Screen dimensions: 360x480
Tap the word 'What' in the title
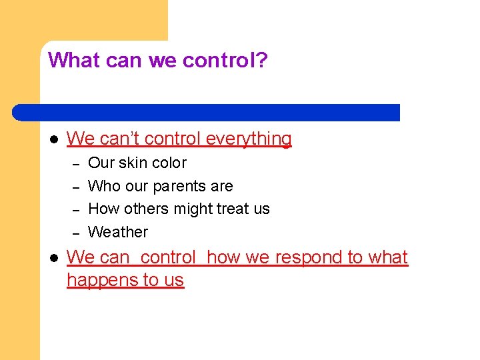coord(69,61)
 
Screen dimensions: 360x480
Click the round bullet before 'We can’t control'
coord(54,139)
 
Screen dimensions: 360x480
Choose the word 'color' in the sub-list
coord(169,163)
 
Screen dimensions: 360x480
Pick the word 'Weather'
coord(118,232)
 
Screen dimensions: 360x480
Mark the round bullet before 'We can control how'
coord(54,258)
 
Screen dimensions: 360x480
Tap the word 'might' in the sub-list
coord(193,209)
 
